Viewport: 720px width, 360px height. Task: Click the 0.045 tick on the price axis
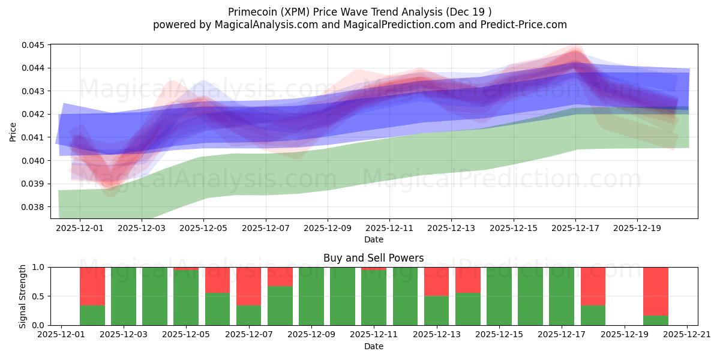click(x=35, y=45)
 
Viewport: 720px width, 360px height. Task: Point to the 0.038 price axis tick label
click(x=35, y=207)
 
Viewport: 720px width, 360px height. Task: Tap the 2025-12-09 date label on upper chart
click(x=328, y=228)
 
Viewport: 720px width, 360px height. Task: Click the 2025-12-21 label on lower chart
click(x=687, y=335)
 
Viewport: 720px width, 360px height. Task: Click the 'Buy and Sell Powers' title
click(x=373, y=258)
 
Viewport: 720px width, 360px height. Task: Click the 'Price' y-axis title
click(x=13, y=131)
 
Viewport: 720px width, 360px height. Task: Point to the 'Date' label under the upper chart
click(x=373, y=239)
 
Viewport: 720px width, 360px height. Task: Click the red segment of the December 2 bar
click(x=92, y=286)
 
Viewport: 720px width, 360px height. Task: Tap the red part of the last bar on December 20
click(x=656, y=291)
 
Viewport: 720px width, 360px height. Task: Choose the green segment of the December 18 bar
click(x=593, y=315)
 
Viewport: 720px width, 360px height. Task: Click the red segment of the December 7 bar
click(x=248, y=286)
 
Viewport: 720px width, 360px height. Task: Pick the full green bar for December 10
click(x=343, y=296)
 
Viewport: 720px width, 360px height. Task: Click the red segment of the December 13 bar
click(x=436, y=281)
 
